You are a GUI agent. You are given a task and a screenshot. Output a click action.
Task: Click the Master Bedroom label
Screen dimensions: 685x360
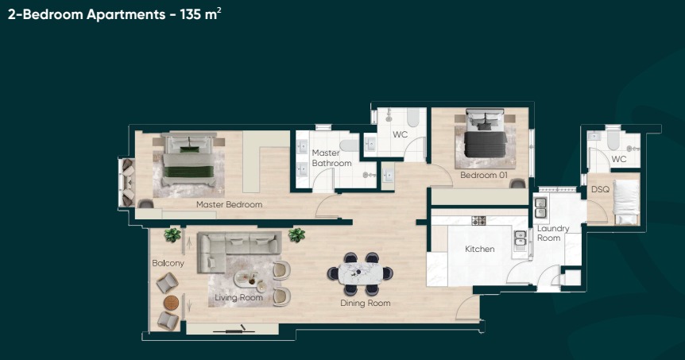click(x=230, y=204)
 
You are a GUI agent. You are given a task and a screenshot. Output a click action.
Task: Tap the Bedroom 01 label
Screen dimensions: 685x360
click(x=484, y=175)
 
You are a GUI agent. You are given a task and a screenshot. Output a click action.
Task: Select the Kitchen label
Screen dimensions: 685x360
click(x=480, y=249)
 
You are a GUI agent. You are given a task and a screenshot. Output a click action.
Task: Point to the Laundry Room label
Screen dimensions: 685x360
click(x=552, y=234)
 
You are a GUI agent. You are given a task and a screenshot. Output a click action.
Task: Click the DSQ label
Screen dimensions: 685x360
click(x=600, y=189)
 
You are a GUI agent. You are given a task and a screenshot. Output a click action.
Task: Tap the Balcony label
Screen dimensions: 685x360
click(x=168, y=263)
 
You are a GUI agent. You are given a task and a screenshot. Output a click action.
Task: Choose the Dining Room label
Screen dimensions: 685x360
click(x=366, y=304)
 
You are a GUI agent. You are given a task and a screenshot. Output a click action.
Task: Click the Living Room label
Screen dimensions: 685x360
click(x=238, y=297)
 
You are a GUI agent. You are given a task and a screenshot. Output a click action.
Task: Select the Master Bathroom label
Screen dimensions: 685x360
click(x=331, y=158)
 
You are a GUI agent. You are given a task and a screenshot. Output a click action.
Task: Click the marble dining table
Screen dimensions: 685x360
click(x=361, y=273)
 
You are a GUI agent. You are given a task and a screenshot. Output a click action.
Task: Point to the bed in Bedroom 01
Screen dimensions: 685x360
click(x=485, y=134)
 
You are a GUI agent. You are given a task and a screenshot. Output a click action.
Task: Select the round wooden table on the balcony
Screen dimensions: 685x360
click(x=172, y=302)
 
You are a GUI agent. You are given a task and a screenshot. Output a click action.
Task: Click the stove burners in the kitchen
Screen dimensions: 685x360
click(x=479, y=221)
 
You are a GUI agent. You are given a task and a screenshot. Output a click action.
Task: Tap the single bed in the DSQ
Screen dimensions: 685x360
click(x=626, y=202)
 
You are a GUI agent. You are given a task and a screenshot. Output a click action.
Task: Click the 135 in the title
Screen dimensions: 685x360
click(x=191, y=14)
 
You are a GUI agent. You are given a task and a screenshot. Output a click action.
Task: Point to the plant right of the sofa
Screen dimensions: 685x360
click(x=296, y=235)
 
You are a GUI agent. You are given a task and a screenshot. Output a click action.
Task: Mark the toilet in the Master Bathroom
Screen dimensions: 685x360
click(x=349, y=145)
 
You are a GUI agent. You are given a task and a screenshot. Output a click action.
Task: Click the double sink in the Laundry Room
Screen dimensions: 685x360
click(x=540, y=207)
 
